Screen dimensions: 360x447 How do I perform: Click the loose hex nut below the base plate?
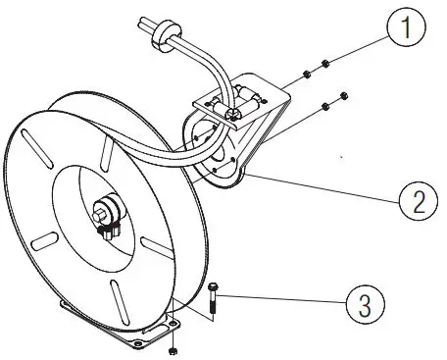click(x=173, y=348)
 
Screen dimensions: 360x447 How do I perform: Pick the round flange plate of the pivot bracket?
click(x=218, y=157)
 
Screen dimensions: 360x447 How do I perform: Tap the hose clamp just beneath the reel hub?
click(x=107, y=230)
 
